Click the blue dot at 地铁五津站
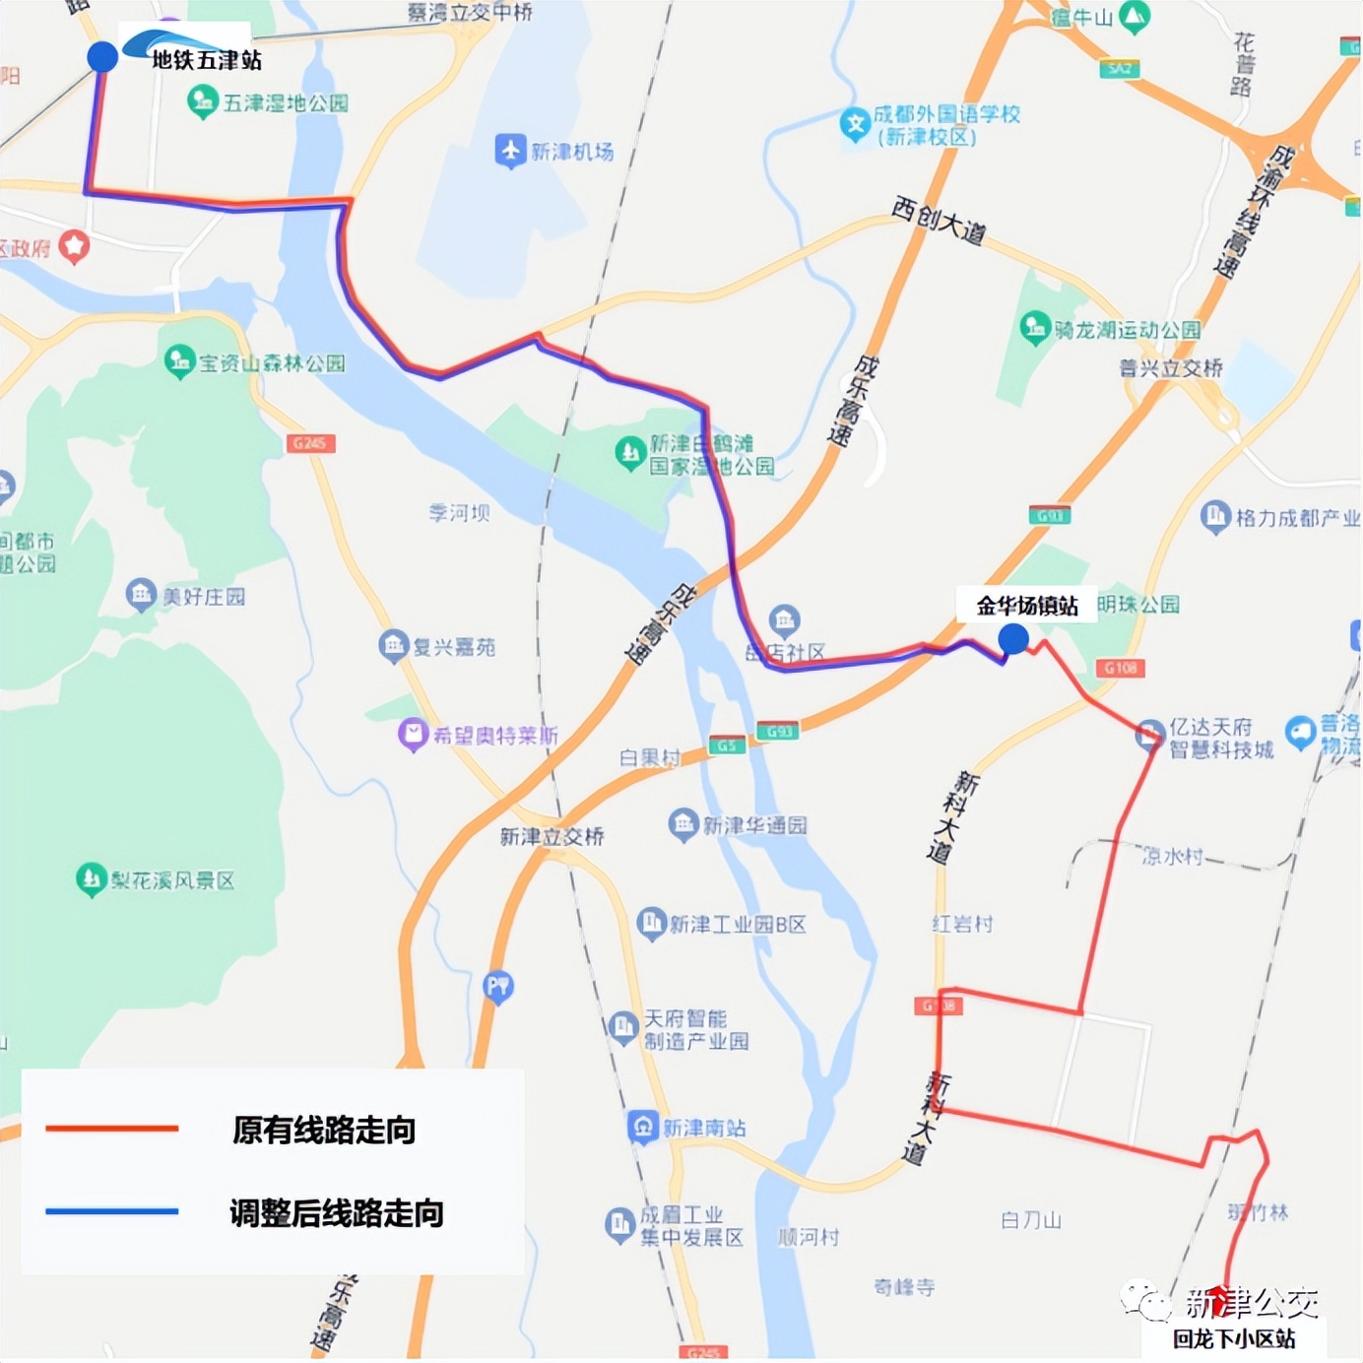pos(102,56)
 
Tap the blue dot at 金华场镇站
pos(1013,639)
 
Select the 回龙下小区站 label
pos(1233,1338)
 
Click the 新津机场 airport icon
pos(509,151)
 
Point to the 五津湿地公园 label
pos(286,102)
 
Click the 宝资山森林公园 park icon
pos(179,361)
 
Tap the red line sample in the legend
pos(112,1129)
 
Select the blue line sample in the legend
pos(112,1211)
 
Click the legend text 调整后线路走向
pos(337,1212)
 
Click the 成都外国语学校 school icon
pos(855,123)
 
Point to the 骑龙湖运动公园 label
pos(1128,329)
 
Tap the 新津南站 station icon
pos(643,1126)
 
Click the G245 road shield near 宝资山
pos(310,443)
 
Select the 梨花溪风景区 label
pos(172,880)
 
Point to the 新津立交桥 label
pos(552,836)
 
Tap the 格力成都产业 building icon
pos(1215,515)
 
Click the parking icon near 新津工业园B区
pos(498,986)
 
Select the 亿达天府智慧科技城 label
pos(1221,738)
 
